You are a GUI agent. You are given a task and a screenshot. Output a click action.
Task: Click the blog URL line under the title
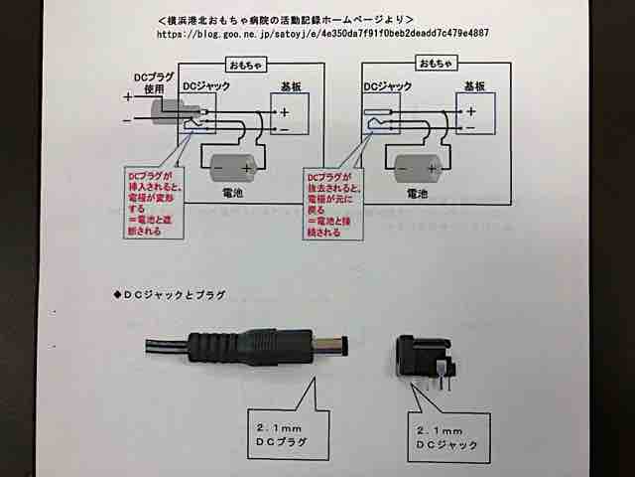pos(323,33)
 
